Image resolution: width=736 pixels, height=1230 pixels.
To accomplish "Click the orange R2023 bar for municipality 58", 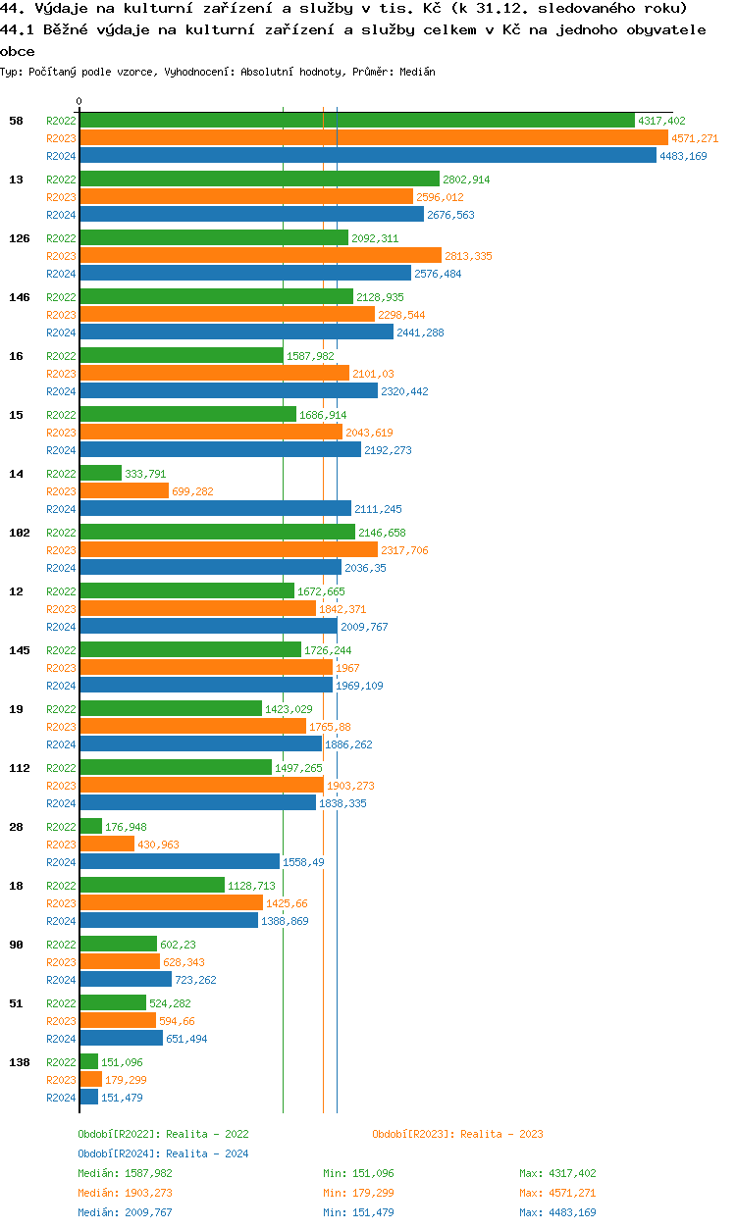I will click(373, 138).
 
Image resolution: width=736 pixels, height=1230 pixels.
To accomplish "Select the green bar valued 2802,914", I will click(259, 179).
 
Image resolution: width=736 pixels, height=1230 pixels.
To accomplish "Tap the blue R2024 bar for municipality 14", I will click(215, 508).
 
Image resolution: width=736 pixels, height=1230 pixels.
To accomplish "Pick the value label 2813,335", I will click(468, 256).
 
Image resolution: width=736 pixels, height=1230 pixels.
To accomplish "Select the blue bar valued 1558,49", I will click(179, 861).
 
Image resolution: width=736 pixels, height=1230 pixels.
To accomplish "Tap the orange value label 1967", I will click(347, 668).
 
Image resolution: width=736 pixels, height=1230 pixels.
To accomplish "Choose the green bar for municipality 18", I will click(152, 885).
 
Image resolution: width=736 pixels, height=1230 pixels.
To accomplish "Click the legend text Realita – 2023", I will click(501, 1134).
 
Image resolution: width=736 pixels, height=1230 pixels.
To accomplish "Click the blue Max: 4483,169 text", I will click(557, 1212).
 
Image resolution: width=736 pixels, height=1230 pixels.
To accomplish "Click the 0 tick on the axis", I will click(79, 101).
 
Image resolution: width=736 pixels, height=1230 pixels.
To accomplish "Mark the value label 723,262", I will click(196, 980).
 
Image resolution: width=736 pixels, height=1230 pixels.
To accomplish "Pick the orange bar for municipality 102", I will click(229, 550).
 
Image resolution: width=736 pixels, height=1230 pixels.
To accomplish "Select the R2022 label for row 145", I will click(61, 650).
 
